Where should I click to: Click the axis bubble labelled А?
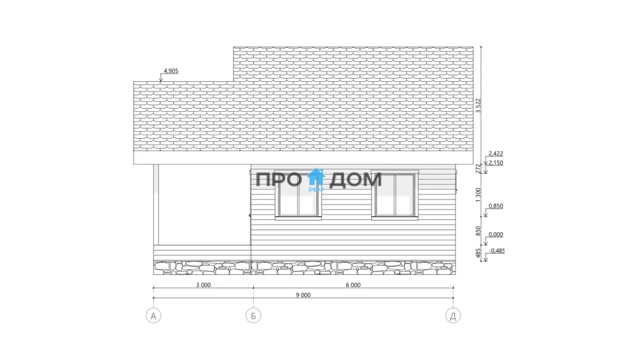click(153, 316)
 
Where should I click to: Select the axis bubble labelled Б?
click(253, 316)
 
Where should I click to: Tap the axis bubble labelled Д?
click(453, 316)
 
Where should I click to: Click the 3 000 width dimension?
click(203, 285)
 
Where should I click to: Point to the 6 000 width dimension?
click(353, 285)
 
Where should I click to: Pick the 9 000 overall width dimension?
click(303, 295)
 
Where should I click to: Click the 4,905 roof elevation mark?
click(171, 71)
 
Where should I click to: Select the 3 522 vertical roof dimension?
click(478, 106)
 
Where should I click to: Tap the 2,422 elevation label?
click(496, 153)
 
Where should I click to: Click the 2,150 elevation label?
click(496, 162)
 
